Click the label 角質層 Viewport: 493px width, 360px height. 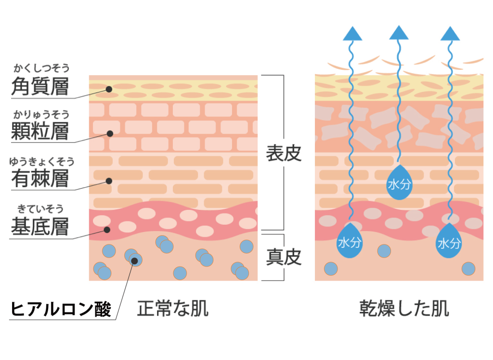click(x=40, y=87)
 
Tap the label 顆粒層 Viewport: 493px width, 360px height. click(x=40, y=130)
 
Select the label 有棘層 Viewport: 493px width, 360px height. click(x=40, y=179)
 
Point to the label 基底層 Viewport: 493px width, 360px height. click(x=40, y=227)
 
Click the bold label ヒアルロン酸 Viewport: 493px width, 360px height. click(x=61, y=309)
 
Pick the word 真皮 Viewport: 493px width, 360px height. click(x=284, y=257)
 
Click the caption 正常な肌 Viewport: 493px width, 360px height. click(x=173, y=309)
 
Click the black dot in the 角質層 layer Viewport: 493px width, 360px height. click(x=109, y=89)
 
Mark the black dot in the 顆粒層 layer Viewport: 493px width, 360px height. click(x=110, y=133)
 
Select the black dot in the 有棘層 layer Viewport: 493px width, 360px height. click(x=109, y=181)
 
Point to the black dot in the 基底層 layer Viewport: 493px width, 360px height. click(x=107, y=229)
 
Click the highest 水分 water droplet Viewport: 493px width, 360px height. click(x=399, y=182)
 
